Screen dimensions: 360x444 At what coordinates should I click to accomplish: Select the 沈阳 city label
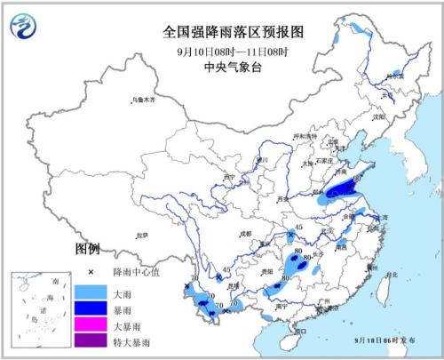[x=381, y=116]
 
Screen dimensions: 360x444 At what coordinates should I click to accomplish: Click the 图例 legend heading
[x=87, y=248]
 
